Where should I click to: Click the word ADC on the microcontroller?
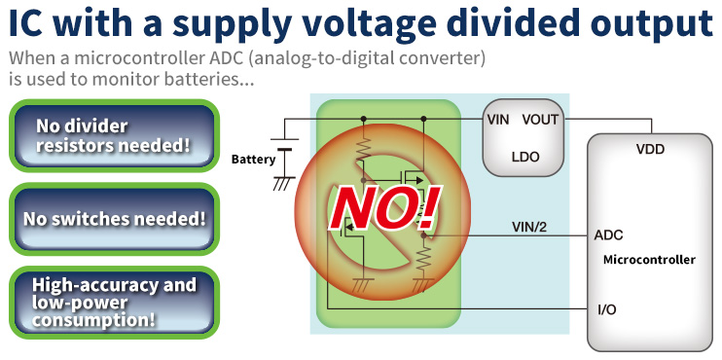(x=608, y=235)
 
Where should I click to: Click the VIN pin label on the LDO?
(x=499, y=120)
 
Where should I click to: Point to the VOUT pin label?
(x=541, y=120)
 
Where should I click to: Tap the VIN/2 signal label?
(x=531, y=227)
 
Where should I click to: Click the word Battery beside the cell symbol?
(x=253, y=159)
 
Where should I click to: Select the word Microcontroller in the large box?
(x=649, y=260)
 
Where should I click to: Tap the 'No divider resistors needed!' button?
(x=113, y=137)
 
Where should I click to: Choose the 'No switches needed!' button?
(x=114, y=218)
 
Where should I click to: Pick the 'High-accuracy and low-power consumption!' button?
(x=114, y=302)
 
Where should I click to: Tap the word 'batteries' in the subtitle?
(x=212, y=79)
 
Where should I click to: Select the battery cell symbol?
(x=285, y=153)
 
